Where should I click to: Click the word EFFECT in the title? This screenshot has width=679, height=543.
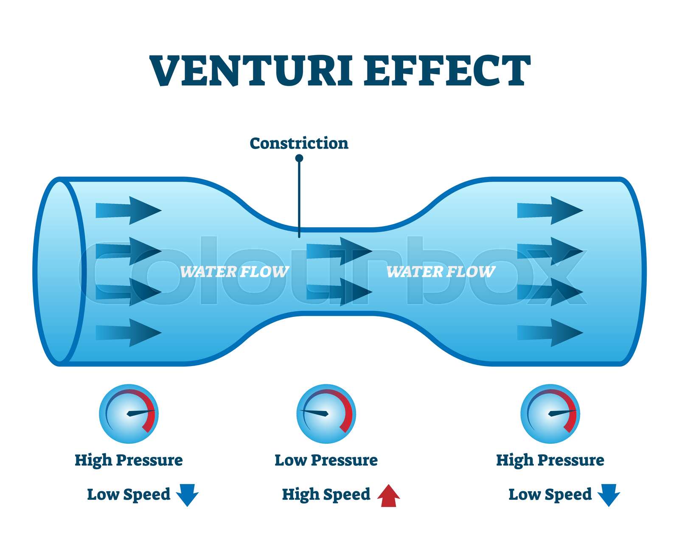[447, 70]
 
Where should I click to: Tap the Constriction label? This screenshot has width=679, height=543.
[299, 143]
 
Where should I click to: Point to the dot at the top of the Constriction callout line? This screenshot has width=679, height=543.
[299, 158]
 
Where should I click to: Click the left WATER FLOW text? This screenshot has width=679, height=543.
[234, 271]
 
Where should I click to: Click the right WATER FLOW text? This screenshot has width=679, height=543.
[441, 271]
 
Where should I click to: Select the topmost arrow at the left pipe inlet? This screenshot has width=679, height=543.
[129, 210]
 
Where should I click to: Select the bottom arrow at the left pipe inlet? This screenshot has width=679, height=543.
[129, 333]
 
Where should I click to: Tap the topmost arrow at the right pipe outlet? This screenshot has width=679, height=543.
[550, 210]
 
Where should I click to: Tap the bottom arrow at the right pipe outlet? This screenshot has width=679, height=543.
[550, 333]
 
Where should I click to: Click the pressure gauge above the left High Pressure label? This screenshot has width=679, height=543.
[129, 414]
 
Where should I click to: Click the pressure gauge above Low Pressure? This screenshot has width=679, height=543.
[326, 414]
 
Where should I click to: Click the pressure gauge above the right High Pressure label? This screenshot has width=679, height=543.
[550, 414]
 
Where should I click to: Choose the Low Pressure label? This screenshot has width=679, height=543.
[326, 460]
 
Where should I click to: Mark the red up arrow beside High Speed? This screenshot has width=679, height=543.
[389, 496]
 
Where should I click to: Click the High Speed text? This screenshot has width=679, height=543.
[326, 495]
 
